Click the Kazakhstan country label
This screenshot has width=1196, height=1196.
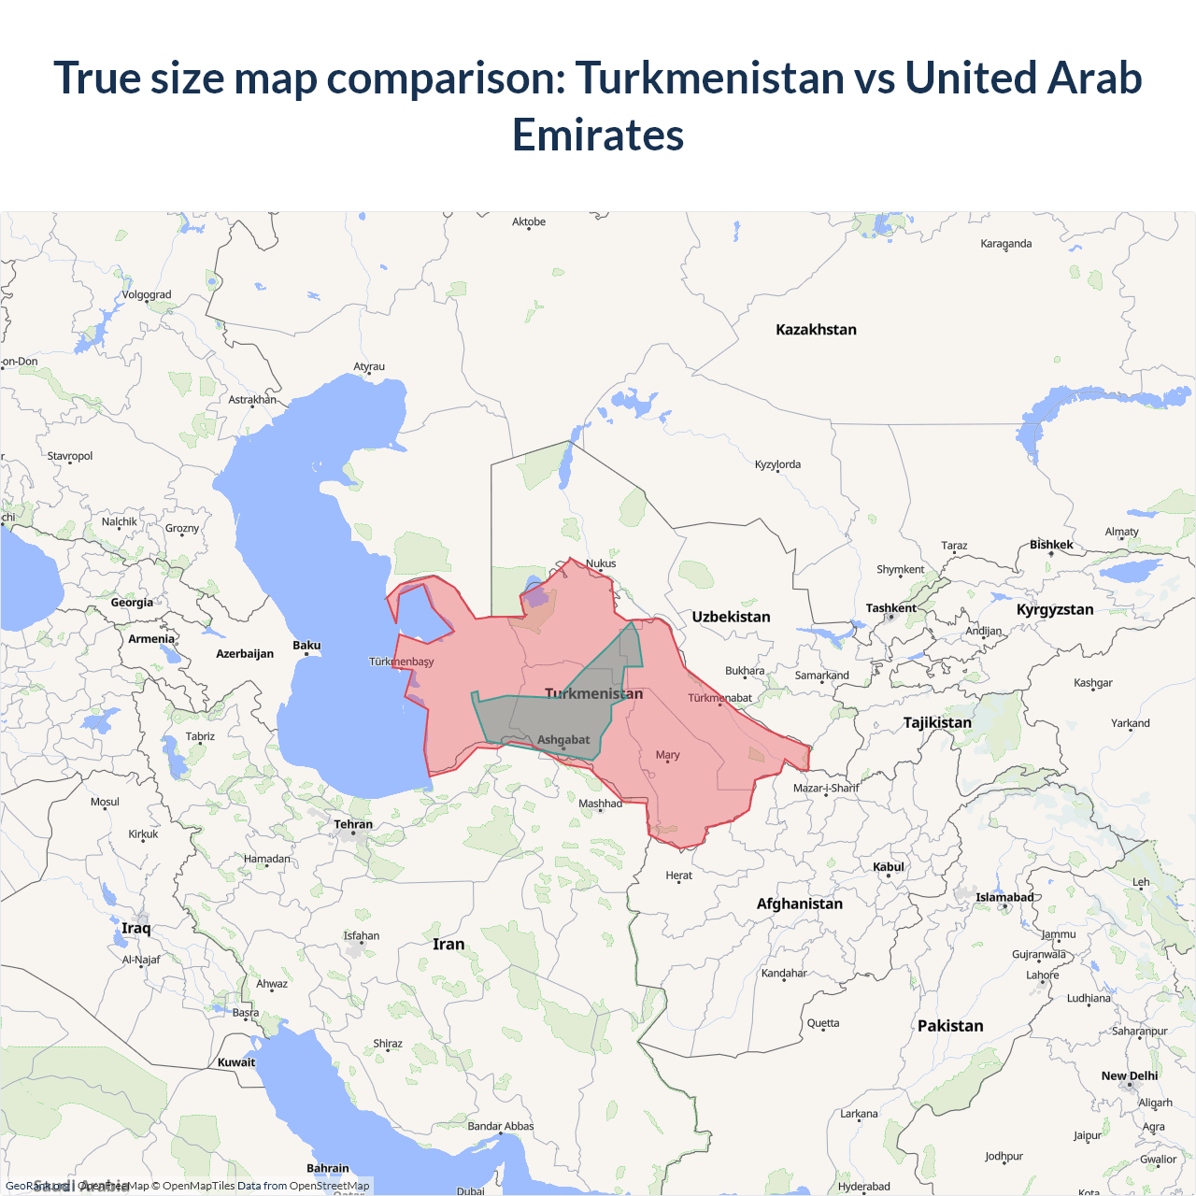[816, 330]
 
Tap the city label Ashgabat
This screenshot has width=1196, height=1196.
[563, 740]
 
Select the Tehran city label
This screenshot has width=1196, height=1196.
[353, 824]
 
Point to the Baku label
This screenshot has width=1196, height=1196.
[306, 646]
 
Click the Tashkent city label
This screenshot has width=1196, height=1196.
[890, 608]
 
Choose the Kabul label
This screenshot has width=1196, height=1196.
[889, 867]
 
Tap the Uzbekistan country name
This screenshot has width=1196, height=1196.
[731, 617]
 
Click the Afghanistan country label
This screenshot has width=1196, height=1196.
[799, 904]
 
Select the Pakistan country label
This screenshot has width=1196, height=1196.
[950, 1026]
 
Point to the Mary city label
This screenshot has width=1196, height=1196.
[667, 755]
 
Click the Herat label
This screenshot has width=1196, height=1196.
[679, 876]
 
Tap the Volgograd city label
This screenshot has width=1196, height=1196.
[147, 294]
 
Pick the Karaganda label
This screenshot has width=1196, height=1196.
[1006, 244]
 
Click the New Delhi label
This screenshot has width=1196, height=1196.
[1129, 1075]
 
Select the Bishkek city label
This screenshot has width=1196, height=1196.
[1051, 545]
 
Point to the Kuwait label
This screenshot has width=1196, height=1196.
[236, 1062]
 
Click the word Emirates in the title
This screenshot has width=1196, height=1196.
[598, 135]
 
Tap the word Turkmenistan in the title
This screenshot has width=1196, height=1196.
[710, 78]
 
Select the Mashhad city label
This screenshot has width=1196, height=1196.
[600, 804]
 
